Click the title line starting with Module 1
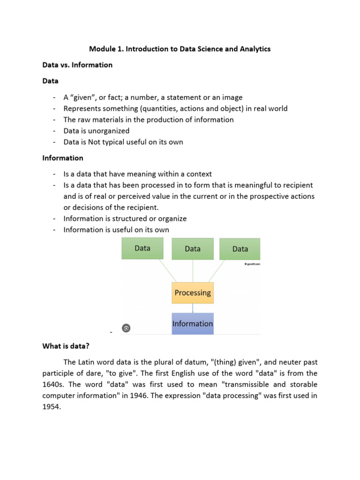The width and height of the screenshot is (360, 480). [x=180, y=49]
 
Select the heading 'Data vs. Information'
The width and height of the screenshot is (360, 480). [x=77, y=65]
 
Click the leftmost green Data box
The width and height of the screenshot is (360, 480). [x=142, y=248]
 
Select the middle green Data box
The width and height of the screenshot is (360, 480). [x=193, y=249]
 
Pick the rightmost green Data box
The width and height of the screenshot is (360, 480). [x=240, y=249]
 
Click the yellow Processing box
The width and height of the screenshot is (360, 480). [x=193, y=292]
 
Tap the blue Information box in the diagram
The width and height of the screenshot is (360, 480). [x=193, y=323]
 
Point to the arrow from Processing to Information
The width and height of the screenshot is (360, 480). [x=193, y=308]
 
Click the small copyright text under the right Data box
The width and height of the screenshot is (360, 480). [x=252, y=264]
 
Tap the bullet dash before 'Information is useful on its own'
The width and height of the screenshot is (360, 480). [x=54, y=230]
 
